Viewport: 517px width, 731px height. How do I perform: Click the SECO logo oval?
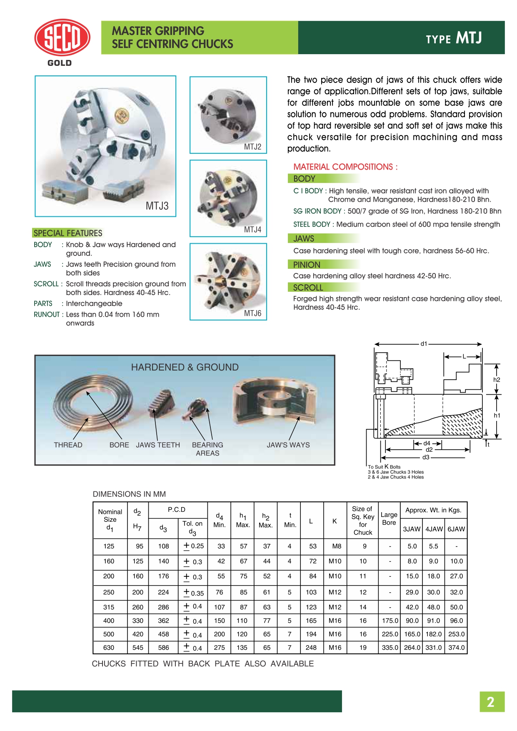62,38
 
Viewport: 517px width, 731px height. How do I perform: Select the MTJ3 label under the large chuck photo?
157,206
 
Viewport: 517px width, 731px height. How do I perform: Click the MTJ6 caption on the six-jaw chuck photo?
252,313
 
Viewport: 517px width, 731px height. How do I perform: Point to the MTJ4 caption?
252,230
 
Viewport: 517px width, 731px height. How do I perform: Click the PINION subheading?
307,265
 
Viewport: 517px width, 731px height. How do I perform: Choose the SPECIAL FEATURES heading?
68,233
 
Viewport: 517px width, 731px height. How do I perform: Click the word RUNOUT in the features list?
46,314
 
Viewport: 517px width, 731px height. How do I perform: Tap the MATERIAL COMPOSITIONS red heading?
345,167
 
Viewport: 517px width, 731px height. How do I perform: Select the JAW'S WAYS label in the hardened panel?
288,445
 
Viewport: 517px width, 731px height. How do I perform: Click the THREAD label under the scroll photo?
68,445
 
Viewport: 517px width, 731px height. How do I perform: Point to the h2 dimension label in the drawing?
497,380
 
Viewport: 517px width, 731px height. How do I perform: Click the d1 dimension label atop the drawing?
424,344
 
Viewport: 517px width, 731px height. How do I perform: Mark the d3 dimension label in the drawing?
426,457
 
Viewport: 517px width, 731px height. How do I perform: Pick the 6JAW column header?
456,529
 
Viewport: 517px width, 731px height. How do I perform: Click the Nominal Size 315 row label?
109,607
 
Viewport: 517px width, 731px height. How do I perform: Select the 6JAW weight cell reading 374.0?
456,648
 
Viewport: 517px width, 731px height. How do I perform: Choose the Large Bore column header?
389,518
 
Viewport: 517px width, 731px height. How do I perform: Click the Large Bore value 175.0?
390,621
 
